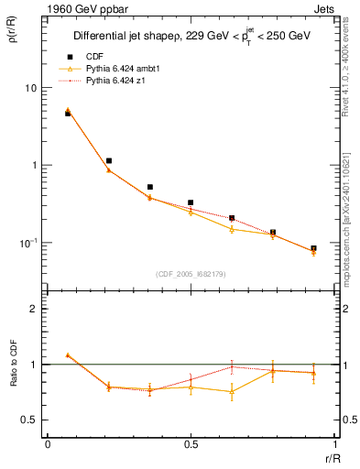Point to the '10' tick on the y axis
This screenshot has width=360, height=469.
[x=30, y=88]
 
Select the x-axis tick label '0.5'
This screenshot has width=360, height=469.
[x=191, y=445]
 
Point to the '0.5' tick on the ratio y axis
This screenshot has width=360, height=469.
[x=28, y=420]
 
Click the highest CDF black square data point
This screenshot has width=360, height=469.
[x=68, y=114]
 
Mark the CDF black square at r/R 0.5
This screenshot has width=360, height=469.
[x=191, y=202]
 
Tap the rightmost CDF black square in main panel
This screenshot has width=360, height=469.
[x=313, y=248]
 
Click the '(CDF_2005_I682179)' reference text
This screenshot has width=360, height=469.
[x=191, y=273]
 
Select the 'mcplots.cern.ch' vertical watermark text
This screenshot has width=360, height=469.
[x=351, y=220]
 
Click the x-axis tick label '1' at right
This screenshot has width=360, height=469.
[x=334, y=445]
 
